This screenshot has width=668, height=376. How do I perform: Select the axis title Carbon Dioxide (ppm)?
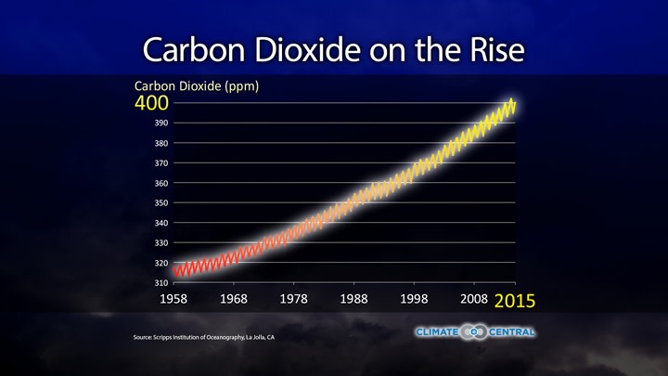pyautogui.click(x=197, y=86)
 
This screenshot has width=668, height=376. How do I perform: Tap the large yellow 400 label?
pyautogui.click(x=152, y=103)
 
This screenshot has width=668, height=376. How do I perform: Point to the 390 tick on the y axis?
pyautogui.click(x=161, y=123)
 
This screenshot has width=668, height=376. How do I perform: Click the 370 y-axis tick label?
pyautogui.click(x=161, y=163)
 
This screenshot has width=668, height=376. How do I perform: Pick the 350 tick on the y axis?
pyautogui.click(x=161, y=203)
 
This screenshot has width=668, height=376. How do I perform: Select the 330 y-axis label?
pyautogui.click(x=161, y=243)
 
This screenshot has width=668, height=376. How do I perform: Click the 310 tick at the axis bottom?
pyautogui.click(x=161, y=282)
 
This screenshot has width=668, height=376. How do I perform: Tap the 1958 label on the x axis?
pyautogui.click(x=174, y=301)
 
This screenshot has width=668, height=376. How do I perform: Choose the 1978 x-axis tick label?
pyautogui.click(x=294, y=301)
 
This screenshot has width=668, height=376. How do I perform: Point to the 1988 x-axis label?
pyautogui.click(x=353, y=301)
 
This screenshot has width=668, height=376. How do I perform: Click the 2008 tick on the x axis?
pyautogui.click(x=474, y=301)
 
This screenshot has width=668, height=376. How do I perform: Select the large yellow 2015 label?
pyautogui.click(x=514, y=302)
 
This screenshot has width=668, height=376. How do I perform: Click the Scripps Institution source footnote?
pyautogui.click(x=203, y=337)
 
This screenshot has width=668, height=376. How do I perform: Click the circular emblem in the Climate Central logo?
pyautogui.click(x=475, y=332)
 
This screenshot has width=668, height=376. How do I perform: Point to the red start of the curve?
pyautogui.click(x=176, y=270)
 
